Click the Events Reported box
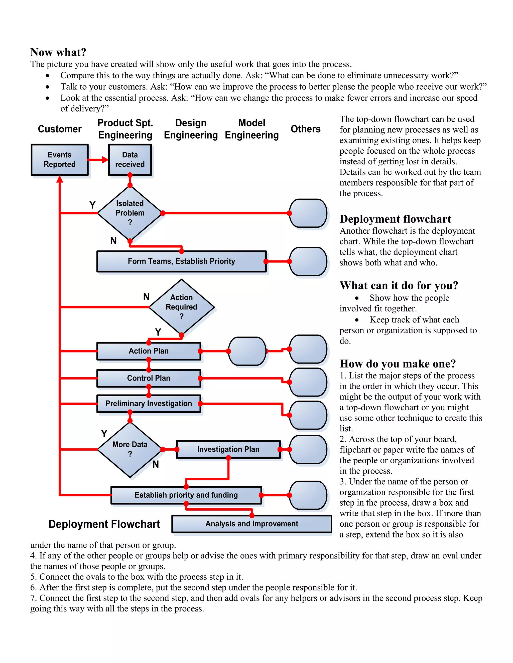60,160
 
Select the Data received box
130,160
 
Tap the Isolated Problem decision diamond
130,213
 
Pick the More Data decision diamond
130,449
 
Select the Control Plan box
149,378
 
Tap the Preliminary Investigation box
149,404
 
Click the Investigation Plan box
228,449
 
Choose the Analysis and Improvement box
252,524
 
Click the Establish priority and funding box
186,495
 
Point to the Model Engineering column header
252,129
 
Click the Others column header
305,129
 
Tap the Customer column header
60,129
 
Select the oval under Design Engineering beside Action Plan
247,351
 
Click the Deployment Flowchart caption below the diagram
104,524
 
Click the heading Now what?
58,52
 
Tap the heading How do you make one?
398,364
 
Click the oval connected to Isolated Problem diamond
308,213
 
